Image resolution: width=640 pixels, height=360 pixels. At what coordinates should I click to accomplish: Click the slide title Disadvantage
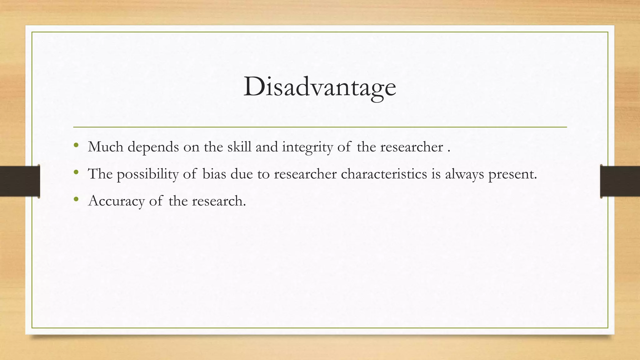tap(320, 87)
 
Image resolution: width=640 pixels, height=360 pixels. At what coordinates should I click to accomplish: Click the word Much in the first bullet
tap(106, 147)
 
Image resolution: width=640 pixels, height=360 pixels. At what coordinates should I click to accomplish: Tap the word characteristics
tap(384, 174)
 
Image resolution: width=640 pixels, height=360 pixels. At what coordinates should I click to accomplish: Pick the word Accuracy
tap(116, 201)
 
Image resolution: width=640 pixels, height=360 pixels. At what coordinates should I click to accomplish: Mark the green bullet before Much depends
tap(76, 145)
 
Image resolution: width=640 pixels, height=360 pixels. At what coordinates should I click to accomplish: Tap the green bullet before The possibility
tap(76, 172)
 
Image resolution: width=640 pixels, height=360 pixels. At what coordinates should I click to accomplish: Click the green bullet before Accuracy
tap(76, 199)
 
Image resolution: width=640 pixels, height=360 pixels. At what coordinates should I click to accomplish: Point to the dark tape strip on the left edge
tap(20, 181)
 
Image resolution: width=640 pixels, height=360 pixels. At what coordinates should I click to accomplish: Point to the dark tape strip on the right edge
tap(620, 181)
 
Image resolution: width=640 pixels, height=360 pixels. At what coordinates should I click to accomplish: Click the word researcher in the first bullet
tap(412, 147)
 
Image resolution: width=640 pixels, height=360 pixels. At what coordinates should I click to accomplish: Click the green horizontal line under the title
tap(320, 127)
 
